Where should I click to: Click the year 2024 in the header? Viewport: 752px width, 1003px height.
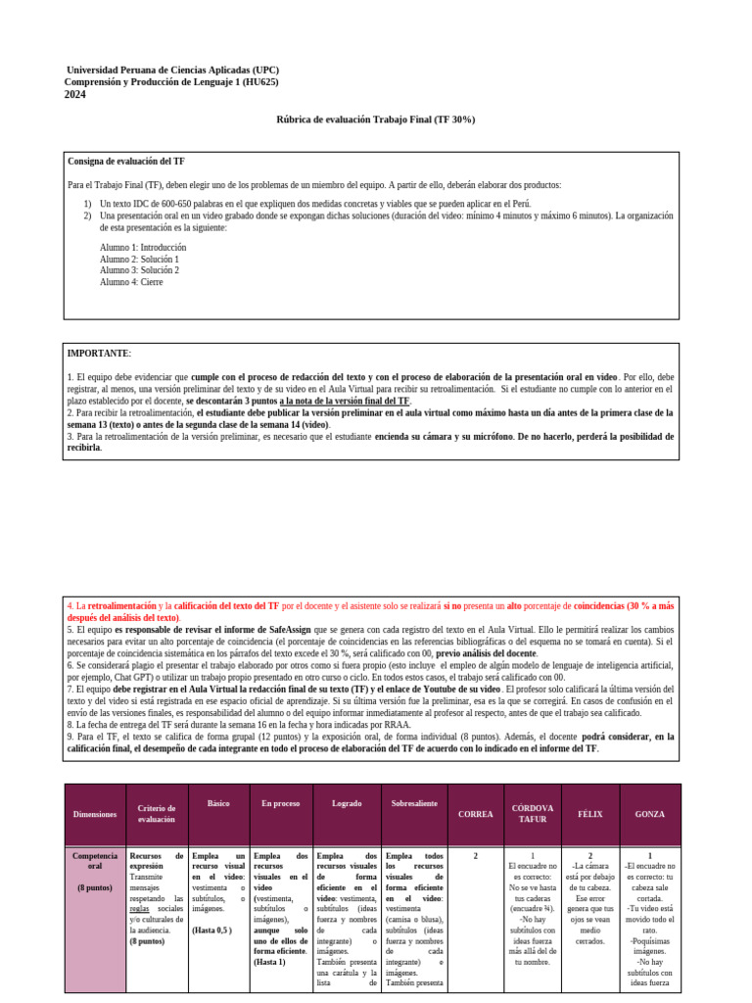pos(75,95)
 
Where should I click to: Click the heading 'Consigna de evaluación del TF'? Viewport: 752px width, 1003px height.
pos(126,161)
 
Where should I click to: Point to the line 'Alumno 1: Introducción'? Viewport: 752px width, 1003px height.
pos(143,248)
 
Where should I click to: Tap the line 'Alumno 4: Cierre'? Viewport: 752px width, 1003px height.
pos(132,282)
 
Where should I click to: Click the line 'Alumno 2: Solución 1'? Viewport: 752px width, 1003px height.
pos(139,260)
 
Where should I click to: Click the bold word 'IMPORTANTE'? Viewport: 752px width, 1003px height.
pos(98,353)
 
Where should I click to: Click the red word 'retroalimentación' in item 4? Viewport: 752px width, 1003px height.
pos(122,606)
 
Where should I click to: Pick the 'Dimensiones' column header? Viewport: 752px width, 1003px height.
pos(95,814)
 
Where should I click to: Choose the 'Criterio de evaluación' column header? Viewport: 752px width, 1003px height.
pos(157,813)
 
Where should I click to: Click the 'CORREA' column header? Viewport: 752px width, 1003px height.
pos(476,814)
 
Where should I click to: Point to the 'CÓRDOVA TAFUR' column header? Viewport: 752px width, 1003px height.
pos(533,813)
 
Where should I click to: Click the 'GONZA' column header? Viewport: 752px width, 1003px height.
pos(649,814)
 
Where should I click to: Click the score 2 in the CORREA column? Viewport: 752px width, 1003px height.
pos(476,856)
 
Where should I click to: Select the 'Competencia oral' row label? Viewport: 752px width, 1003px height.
pos(95,861)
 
